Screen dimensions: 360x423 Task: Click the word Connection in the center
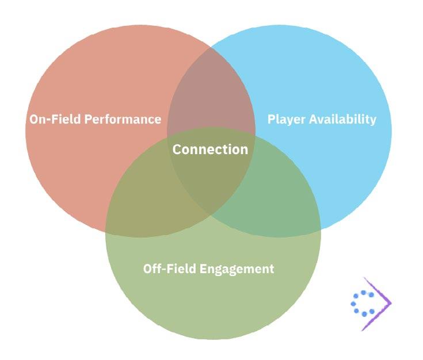click(x=210, y=150)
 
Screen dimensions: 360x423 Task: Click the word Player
click(x=285, y=120)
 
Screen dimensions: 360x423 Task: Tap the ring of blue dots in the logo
click(x=363, y=303)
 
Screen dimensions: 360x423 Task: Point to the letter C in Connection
click(x=177, y=150)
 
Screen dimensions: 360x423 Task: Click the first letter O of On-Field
click(x=34, y=120)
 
